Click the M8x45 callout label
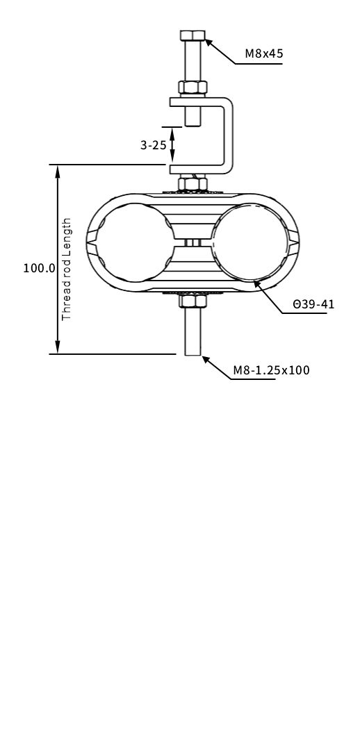(263, 53)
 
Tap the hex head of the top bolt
(193, 35)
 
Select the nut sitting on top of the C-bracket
(193, 88)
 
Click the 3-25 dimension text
(153, 145)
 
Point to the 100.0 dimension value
(39, 268)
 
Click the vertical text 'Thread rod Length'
(67, 269)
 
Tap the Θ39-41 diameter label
(313, 304)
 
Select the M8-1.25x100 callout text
(271, 370)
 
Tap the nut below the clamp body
(193, 301)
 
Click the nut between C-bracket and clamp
(193, 184)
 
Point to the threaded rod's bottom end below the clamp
(193, 351)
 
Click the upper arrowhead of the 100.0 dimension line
(58, 170)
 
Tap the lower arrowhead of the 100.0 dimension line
(58, 349)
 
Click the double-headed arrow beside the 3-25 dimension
(172, 145)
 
